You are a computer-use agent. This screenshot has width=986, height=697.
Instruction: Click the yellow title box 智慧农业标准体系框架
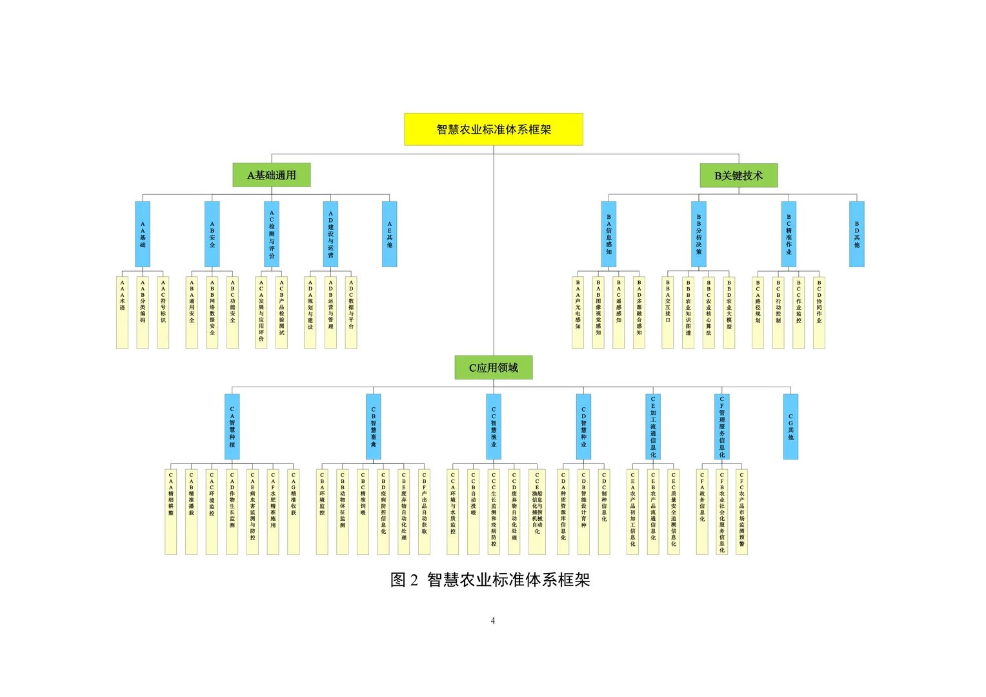(x=494, y=129)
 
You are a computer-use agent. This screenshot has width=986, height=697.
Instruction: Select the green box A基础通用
(x=271, y=175)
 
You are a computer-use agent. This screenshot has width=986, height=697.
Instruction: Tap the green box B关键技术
(x=738, y=175)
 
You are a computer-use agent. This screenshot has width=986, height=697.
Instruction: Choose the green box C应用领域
(x=494, y=368)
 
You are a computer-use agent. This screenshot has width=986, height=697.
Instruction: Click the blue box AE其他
(x=389, y=234)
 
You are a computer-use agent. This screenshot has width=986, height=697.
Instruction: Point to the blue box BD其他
(x=856, y=234)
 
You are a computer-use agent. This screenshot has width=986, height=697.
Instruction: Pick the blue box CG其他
(x=790, y=427)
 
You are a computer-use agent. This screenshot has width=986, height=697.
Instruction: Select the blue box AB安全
(x=212, y=234)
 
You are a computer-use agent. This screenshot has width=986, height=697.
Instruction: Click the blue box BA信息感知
(x=609, y=234)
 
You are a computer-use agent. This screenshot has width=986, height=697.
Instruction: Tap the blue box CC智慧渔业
(x=494, y=427)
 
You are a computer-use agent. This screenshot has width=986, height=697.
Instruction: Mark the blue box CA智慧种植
(x=232, y=427)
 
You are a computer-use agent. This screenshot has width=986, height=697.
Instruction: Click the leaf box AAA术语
(x=122, y=312)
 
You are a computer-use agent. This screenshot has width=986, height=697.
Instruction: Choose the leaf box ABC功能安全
(x=232, y=312)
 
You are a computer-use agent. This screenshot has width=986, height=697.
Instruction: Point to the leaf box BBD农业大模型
(x=729, y=312)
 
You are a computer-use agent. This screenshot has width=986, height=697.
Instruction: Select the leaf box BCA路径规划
(x=758, y=312)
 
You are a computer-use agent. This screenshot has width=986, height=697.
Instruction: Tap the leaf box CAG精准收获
(x=294, y=511)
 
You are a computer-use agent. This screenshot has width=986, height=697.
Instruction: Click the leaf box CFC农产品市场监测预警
(x=741, y=511)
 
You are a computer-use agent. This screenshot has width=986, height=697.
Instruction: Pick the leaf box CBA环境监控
(x=322, y=511)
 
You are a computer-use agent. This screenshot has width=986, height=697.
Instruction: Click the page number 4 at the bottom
(x=492, y=621)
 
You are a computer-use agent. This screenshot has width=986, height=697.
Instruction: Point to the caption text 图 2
(x=405, y=580)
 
